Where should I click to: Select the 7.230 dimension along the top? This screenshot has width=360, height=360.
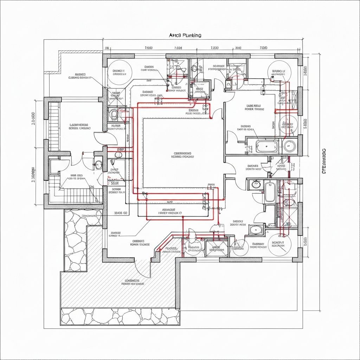click(x=214, y=48)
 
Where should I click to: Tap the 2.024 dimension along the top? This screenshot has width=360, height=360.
click(x=178, y=48)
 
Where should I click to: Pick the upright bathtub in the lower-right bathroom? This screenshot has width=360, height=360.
click(x=270, y=192)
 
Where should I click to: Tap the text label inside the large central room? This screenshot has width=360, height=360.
click(x=183, y=155)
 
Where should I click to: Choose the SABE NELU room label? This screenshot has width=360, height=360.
click(x=254, y=107)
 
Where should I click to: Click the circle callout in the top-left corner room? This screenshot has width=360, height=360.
click(x=119, y=72)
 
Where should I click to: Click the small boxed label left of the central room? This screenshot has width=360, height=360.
click(x=115, y=183)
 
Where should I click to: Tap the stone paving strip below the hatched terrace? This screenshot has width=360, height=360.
click(x=120, y=316)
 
